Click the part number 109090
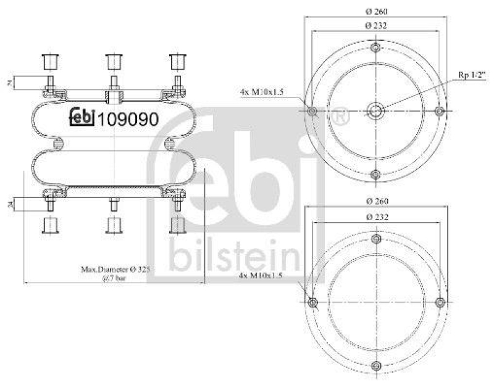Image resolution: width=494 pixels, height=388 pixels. pos(128,117)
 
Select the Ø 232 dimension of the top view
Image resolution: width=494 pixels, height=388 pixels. pos(375,26)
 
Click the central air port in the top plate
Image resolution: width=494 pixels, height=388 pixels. pos(375,111)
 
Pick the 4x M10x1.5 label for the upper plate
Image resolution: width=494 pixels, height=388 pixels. pos(264,92)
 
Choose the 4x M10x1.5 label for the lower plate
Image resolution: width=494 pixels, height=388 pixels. pos(264,276)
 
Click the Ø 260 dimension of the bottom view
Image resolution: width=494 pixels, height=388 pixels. pos(375,201)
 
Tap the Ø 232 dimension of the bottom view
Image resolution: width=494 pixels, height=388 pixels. pos(375,217)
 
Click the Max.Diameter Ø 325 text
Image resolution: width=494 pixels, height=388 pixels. pos(116,270)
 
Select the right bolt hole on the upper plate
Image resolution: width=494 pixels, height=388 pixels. pos(439,111)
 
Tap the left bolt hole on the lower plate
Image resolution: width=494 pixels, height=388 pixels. pos(312,302)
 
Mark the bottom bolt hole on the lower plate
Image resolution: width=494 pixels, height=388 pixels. pos(375,365)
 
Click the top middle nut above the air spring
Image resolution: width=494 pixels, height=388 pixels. pos(112,62)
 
